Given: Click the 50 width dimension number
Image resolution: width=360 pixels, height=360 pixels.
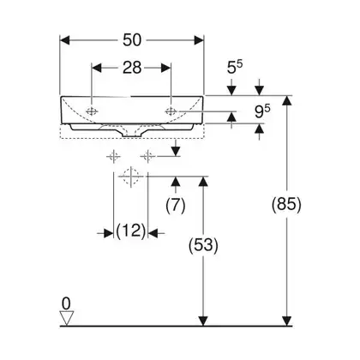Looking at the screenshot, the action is click(132, 40).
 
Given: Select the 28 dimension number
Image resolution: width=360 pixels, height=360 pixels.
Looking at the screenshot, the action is click(132, 68).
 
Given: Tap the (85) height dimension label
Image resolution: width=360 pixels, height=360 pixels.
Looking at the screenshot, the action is click(286, 205).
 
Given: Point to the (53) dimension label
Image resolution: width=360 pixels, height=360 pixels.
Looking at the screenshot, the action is click(203, 245).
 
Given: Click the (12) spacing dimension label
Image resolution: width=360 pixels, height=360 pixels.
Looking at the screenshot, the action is click(131, 231).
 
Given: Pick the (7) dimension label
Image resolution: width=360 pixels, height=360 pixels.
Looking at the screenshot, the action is click(176, 205).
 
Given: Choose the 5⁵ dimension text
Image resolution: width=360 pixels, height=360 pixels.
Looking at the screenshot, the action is click(235, 67).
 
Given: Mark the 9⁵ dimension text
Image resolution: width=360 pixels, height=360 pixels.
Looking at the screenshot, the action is click(262, 111).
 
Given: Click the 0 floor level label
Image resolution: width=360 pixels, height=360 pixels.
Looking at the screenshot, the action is click(66, 303).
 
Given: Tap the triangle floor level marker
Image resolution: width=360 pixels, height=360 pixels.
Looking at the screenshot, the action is click(66, 318).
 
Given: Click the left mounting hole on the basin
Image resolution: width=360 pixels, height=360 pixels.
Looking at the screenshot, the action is click(92, 111).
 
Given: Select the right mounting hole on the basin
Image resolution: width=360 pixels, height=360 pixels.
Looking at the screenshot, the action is click(171, 111).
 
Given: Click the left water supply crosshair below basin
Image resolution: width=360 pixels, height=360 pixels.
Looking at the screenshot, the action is click(114, 156).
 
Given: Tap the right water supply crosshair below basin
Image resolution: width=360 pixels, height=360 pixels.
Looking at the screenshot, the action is click(148, 156).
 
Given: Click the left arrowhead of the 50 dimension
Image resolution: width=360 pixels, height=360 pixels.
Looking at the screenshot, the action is click(64, 40).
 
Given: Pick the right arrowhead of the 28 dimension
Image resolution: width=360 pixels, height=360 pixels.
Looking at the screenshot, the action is click(166, 68).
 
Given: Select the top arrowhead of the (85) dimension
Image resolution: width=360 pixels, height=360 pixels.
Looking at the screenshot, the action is click(286, 100).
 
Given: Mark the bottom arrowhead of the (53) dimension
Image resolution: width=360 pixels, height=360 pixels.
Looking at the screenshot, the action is click(203, 321).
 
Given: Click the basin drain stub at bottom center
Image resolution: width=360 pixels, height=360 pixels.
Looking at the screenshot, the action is click(131, 133).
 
